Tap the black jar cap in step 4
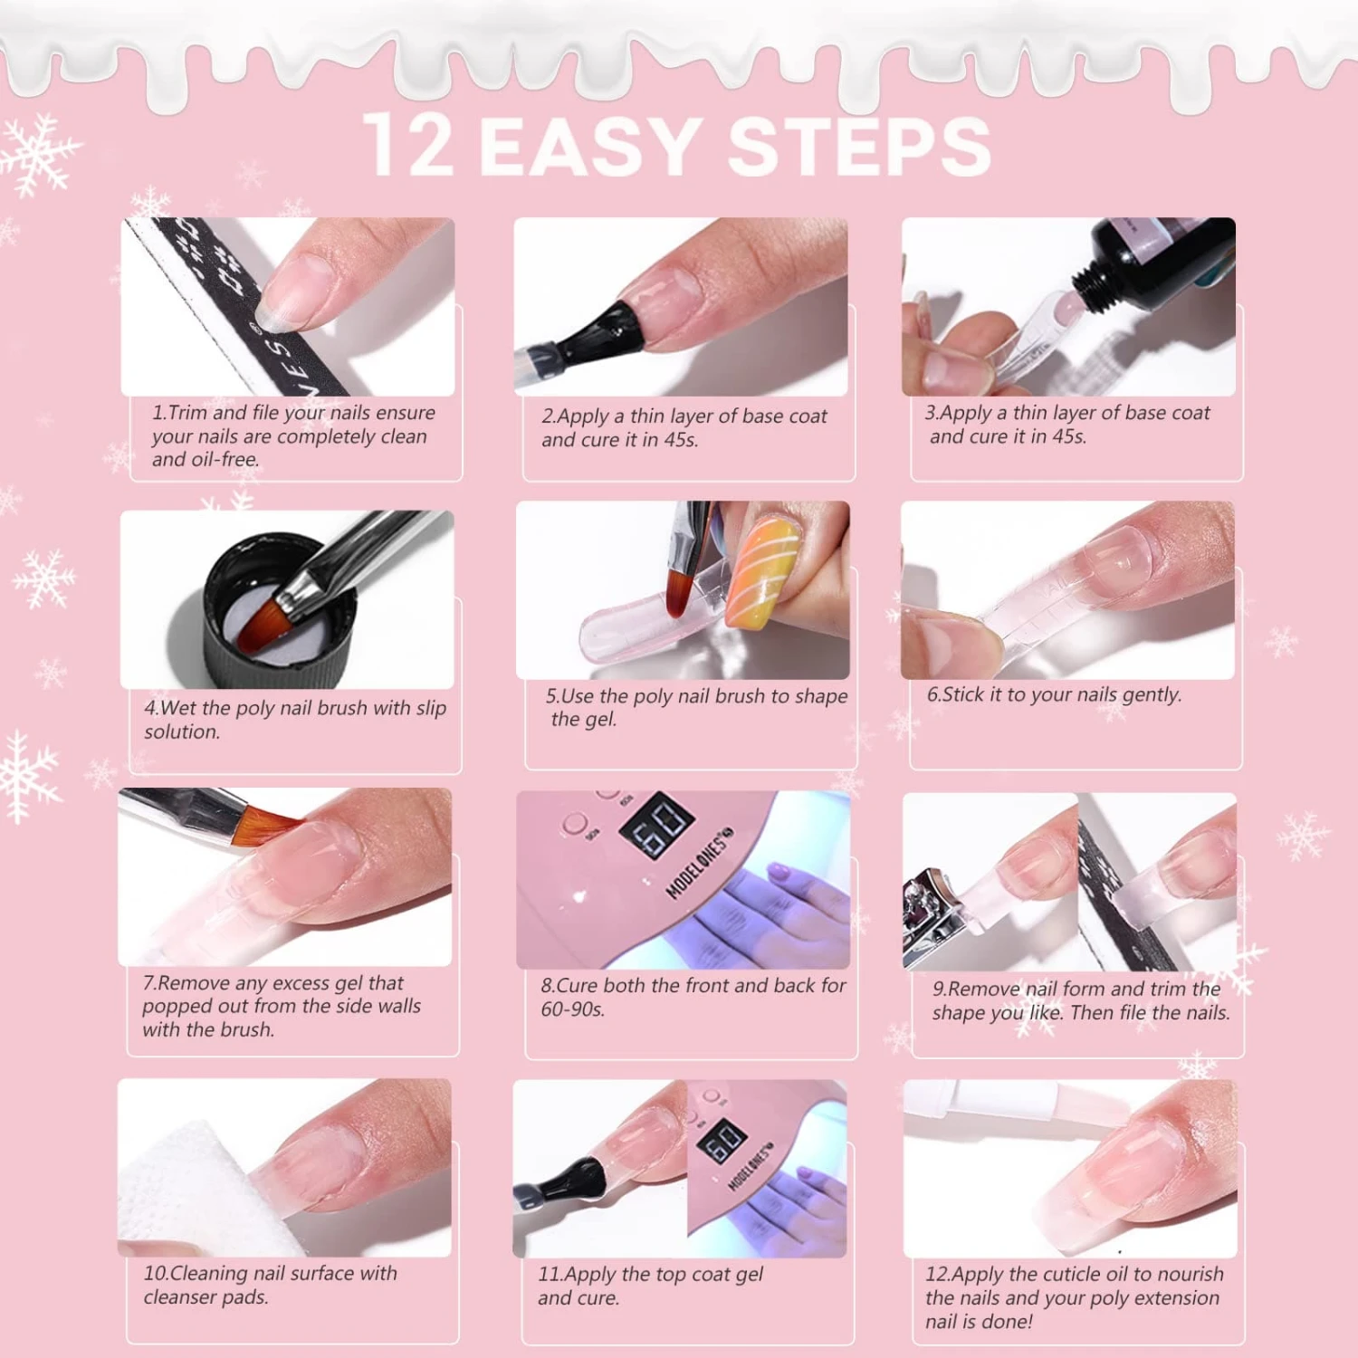tap(272, 616)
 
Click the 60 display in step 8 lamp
tap(657, 825)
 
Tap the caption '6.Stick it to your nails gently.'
tap(1054, 694)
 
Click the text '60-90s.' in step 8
tap(572, 1009)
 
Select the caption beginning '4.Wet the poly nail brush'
tap(294, 719)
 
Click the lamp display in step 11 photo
tap(722, 1143)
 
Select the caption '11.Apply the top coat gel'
tap(650, 1286)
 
